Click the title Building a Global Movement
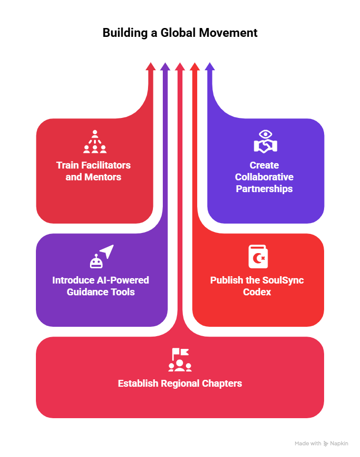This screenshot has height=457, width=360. [180, 33]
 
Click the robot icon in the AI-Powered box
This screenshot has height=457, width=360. [96, 260]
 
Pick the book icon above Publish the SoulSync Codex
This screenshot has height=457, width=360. [258, 257]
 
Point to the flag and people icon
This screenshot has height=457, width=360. [180, 360]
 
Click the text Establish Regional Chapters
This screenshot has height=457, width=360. [180, 383]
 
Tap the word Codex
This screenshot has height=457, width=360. [257, 292]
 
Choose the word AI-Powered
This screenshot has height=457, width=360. [123, 280]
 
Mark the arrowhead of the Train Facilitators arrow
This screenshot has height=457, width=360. [151, 67]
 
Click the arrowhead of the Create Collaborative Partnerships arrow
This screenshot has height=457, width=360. [210, 67]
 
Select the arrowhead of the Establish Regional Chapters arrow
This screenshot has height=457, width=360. [180, 67]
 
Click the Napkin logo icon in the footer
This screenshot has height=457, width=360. [326, 443]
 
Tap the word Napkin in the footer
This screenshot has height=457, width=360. [339, 443]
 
